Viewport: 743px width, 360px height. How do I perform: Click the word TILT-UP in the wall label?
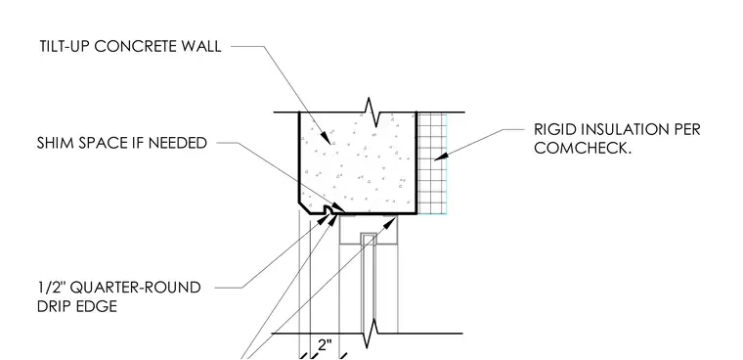[x=65, y=47]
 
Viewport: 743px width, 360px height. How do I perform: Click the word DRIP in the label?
[x=54, y=306]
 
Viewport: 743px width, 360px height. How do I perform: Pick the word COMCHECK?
[x=583, y=148]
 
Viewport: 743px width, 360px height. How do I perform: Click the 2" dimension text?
[x=325, y=344]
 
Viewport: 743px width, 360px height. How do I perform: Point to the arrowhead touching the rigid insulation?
[x=441, y=156]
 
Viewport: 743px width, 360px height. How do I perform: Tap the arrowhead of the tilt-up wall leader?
[x=326, y=138]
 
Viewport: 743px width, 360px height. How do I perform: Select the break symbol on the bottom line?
[x=373, y=333]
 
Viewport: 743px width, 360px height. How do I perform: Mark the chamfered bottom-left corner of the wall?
[x=304, y=208]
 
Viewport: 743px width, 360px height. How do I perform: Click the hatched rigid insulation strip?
[x=432, y=163]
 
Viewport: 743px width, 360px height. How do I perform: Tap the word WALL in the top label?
[x=200, y=47]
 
